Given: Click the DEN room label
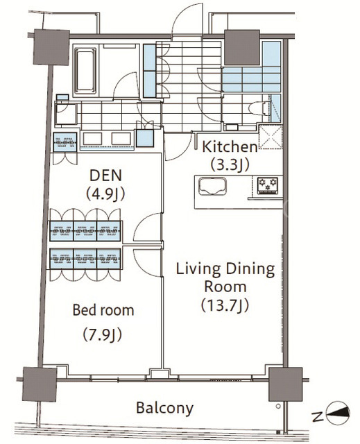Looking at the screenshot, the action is click(105, 176).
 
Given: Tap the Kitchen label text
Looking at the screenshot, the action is click(230, 146).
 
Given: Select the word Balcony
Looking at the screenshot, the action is click(164, 409).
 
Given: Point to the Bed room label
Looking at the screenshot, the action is click(103, 310).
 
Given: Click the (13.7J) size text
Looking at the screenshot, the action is click(225, 305).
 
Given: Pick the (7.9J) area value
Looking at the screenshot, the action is click(103, 335).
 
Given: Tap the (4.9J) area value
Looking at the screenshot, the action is click(105, 194).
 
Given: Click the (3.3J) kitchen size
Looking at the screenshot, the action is click(230, 165).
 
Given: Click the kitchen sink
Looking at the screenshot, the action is click(212, 187).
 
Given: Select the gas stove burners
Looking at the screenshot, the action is click(268, 185).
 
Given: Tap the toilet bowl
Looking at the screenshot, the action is click(259, 109).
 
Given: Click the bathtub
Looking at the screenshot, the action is click(85, 70).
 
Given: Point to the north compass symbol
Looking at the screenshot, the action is click(338, 413).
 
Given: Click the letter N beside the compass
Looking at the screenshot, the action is click(318, 417).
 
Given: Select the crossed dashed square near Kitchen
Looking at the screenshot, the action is click(271, 137).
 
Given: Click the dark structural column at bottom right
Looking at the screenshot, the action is click(285, 384).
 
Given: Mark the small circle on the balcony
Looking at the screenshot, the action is click(278, 406).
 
